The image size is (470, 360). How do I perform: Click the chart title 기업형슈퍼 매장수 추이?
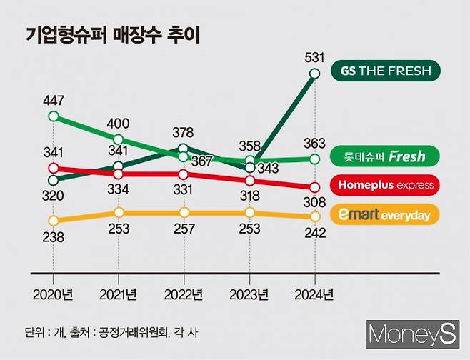(x=112, y=35)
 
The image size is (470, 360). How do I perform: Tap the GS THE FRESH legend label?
(x=386, y=71)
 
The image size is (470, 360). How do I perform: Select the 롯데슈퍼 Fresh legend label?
(x=386, y=156)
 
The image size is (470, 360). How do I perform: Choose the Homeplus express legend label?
(x=386, y=185)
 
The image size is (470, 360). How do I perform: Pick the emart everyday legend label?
(x=386, y=214)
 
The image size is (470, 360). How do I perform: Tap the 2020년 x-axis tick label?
(x=53, y=294)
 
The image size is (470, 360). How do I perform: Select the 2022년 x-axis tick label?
(x=184, y=294)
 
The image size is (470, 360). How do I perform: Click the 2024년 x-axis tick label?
(x=314, y=294)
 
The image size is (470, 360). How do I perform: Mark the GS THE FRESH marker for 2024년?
(x=314, y=73)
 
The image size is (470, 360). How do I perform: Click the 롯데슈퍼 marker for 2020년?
(x=53, y=116)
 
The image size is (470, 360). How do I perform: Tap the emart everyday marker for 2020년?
(x=53, y=221)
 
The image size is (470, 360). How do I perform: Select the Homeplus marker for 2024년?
(x=314, y=187)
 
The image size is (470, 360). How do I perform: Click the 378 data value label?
(x=184, y=132)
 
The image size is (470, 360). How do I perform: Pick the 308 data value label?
(x=314, y=203)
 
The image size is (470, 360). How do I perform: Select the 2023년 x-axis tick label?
(x=249, y=294)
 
